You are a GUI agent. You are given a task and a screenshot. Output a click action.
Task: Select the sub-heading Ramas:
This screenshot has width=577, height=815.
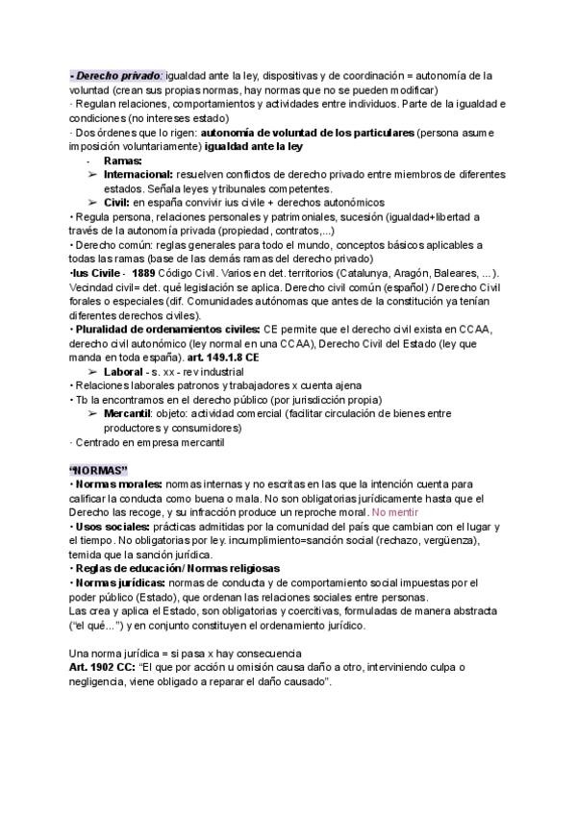(x=122, y=161)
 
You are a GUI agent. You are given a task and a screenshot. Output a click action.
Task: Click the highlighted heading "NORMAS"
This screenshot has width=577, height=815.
(x=99, y=468)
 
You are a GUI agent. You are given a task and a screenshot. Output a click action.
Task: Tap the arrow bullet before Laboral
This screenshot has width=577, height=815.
(x=91, y=371)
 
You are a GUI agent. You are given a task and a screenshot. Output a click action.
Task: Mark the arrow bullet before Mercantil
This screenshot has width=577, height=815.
(x=91, y=413)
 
